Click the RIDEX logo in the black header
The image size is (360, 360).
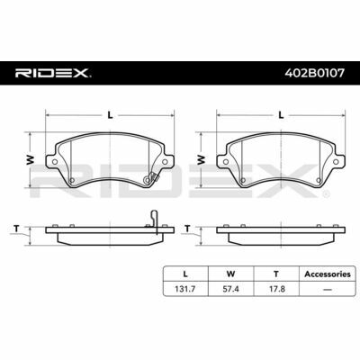53,73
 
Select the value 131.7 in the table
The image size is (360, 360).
185,289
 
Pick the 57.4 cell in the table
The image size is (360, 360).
230,289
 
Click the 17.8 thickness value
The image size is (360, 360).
276,289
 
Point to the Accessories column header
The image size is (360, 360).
328,274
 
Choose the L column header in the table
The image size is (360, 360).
185,274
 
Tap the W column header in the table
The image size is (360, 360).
230,274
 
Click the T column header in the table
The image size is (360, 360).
276,274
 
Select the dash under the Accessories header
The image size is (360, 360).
328,290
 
